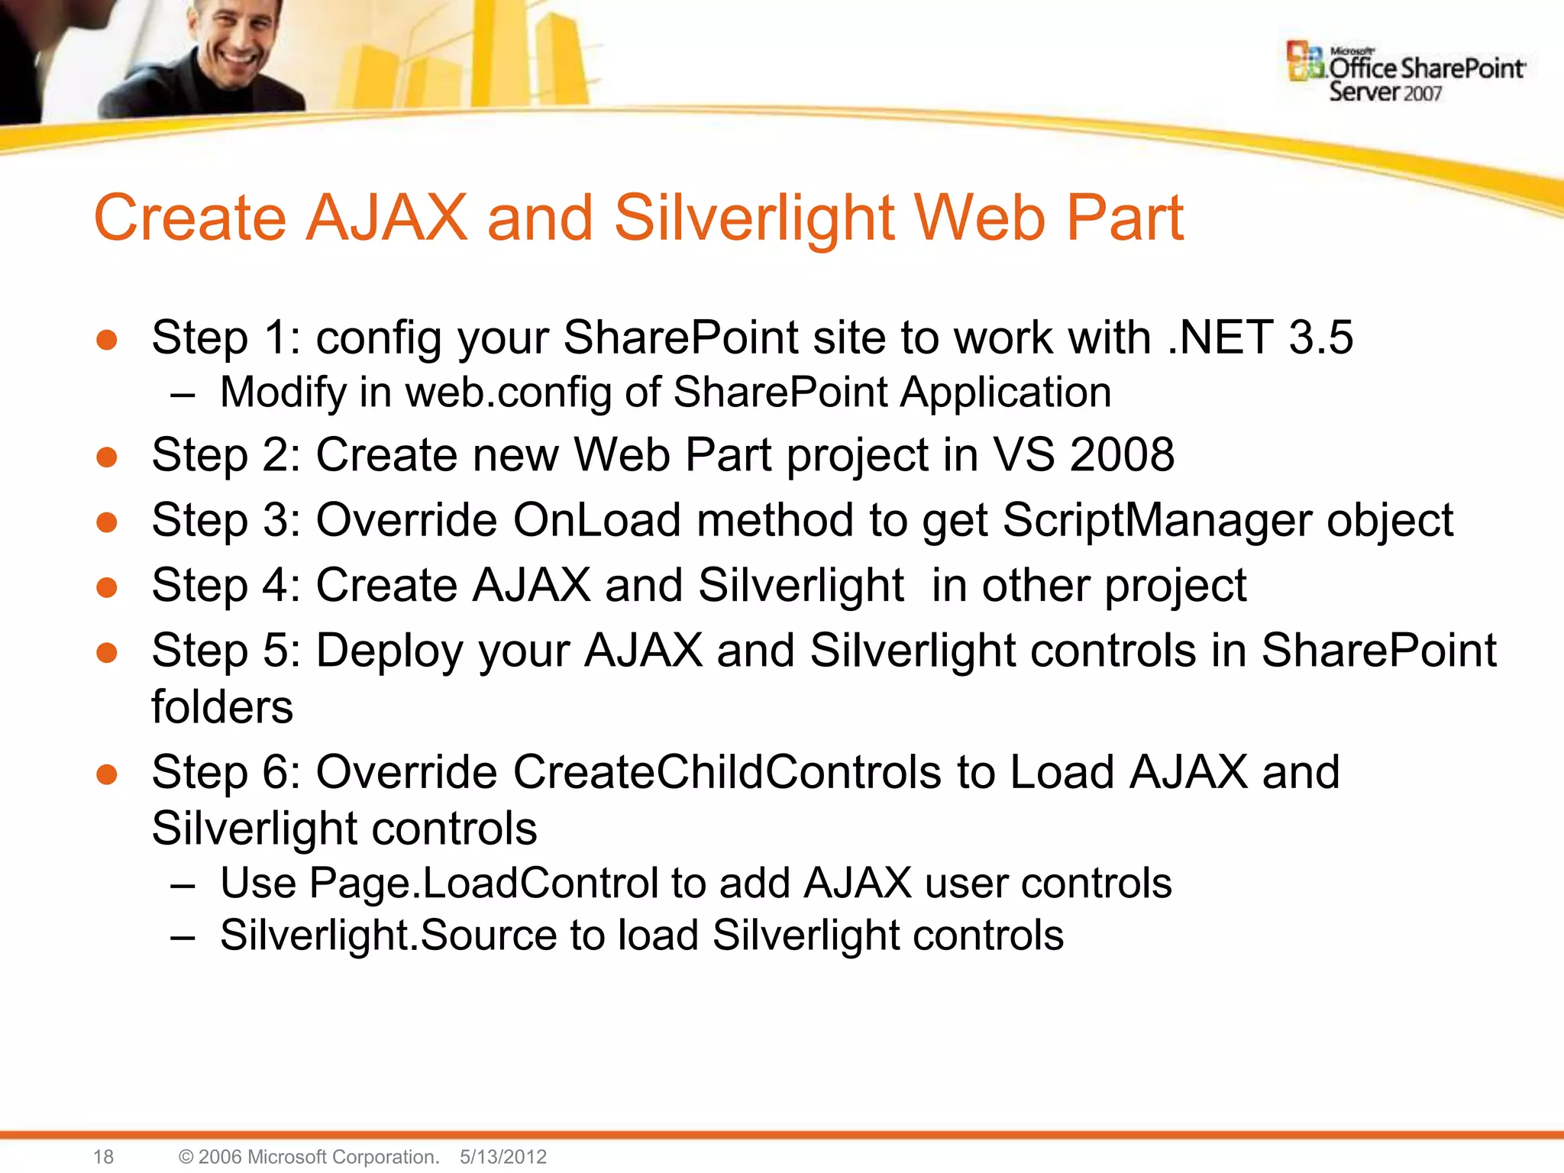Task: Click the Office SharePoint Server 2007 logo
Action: click(x=1405, y=73)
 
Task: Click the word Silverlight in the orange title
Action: click(x=753, y=218)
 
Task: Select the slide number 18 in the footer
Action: click(x=103, y=1156)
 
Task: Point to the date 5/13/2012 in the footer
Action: click(x=503, y=1156)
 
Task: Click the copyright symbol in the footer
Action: click(x=186, y=1157)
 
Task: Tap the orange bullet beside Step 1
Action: click(x=107, y=340)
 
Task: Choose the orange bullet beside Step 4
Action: click(x=107, y=587)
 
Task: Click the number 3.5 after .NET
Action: click(x=1320, y=337)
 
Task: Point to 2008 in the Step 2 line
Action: click(x=1122, y=454)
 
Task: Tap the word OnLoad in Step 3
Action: click(x=596, y=520)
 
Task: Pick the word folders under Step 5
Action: click(x=222, y=706)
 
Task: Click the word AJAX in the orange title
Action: click(x=386, y=218)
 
